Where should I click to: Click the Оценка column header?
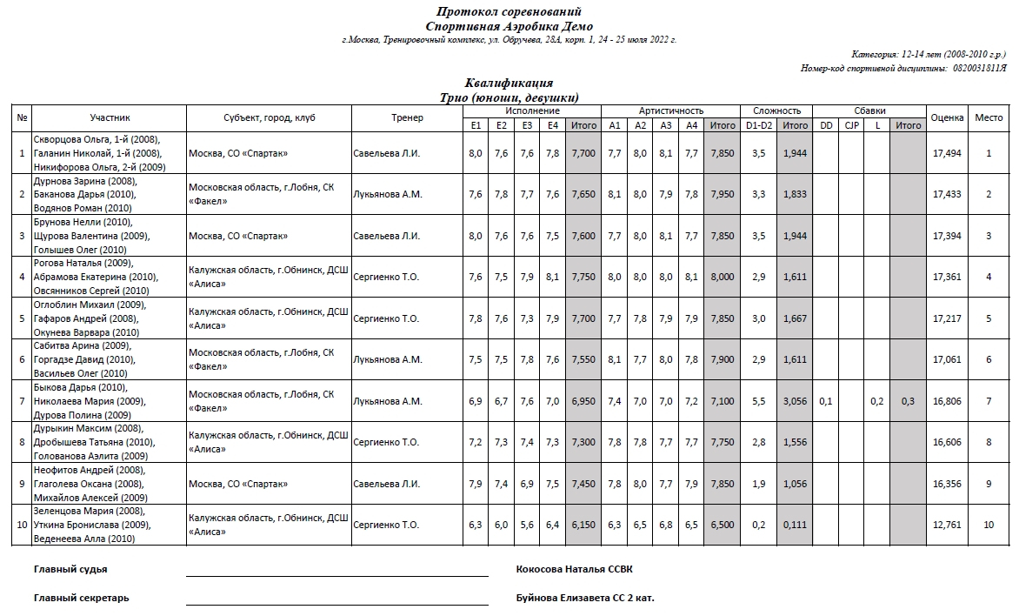[x=947, y=117]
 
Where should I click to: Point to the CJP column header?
[x=851, y=125]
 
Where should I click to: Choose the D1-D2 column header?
[x=758, y=125]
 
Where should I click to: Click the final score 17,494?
[x=947, y=153]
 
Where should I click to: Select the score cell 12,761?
[x=947, y=525]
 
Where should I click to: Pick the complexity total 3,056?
[x=795, y=401]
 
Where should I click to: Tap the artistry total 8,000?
[x=722, y=277]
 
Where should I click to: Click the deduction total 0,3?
[x=908, y=401]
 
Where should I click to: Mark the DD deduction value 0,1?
[x=825, y=401]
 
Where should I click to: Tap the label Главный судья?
[x=70, y=569]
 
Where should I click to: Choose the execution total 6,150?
[x=583, y=525]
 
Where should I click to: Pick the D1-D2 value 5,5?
[x=758, y=401]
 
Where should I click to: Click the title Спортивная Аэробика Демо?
[x=509, y=26]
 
